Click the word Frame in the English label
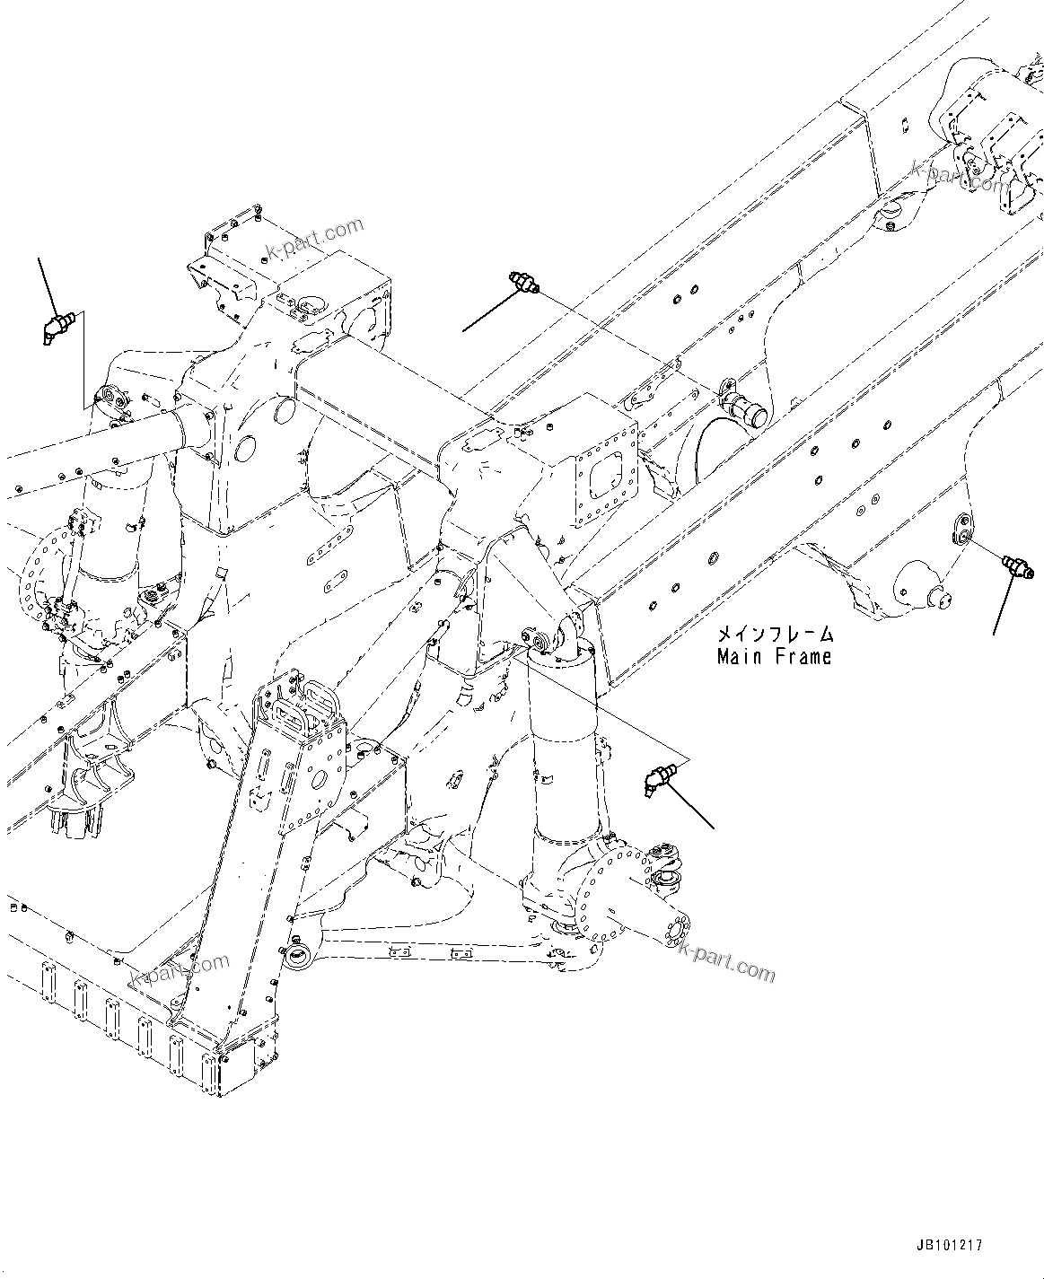tap(799, 657)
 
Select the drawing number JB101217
tap(950, 1246)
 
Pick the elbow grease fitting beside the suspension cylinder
tap(657, 777)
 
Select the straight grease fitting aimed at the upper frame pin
tap(523, 283)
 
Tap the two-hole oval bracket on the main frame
tap(961, 529)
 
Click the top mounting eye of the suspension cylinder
tap(541, 641)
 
